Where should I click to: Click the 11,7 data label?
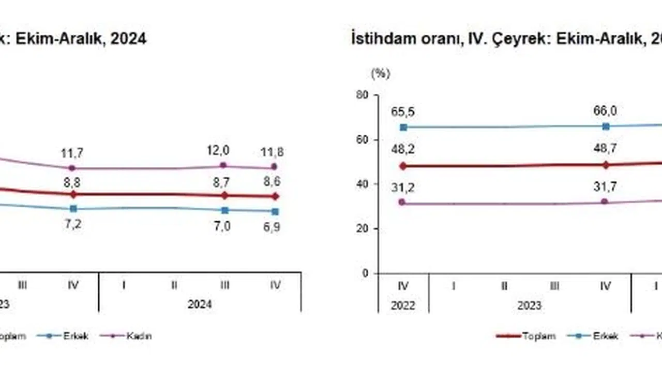point(72,153)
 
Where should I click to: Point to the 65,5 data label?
point(403,112)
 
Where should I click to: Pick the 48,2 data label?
point(403,150)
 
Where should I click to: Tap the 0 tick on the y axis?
point(365,273)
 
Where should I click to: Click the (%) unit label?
point(380,74)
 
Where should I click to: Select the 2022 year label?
point(403,305)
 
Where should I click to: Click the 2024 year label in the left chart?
point(200,305)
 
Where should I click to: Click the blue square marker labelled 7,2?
point(73,208)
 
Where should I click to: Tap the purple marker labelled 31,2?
point(402,202)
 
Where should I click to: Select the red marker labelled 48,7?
point(606,165)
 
